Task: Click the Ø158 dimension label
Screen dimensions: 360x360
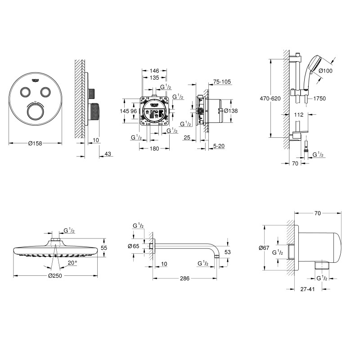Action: pyautogui.click(x=35, y=144)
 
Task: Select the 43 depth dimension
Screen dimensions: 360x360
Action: pyautogui.click(x=107, y=154)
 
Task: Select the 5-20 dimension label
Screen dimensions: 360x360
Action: pyautogui.click(x=219, y=146)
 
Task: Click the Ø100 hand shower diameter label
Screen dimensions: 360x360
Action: pyautogui.click(x=326, y=71)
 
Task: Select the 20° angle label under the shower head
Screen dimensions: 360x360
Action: pyautogui.click(x=72, y=262)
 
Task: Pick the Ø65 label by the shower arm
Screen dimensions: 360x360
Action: pyautogui.click(x=133, y=246)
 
